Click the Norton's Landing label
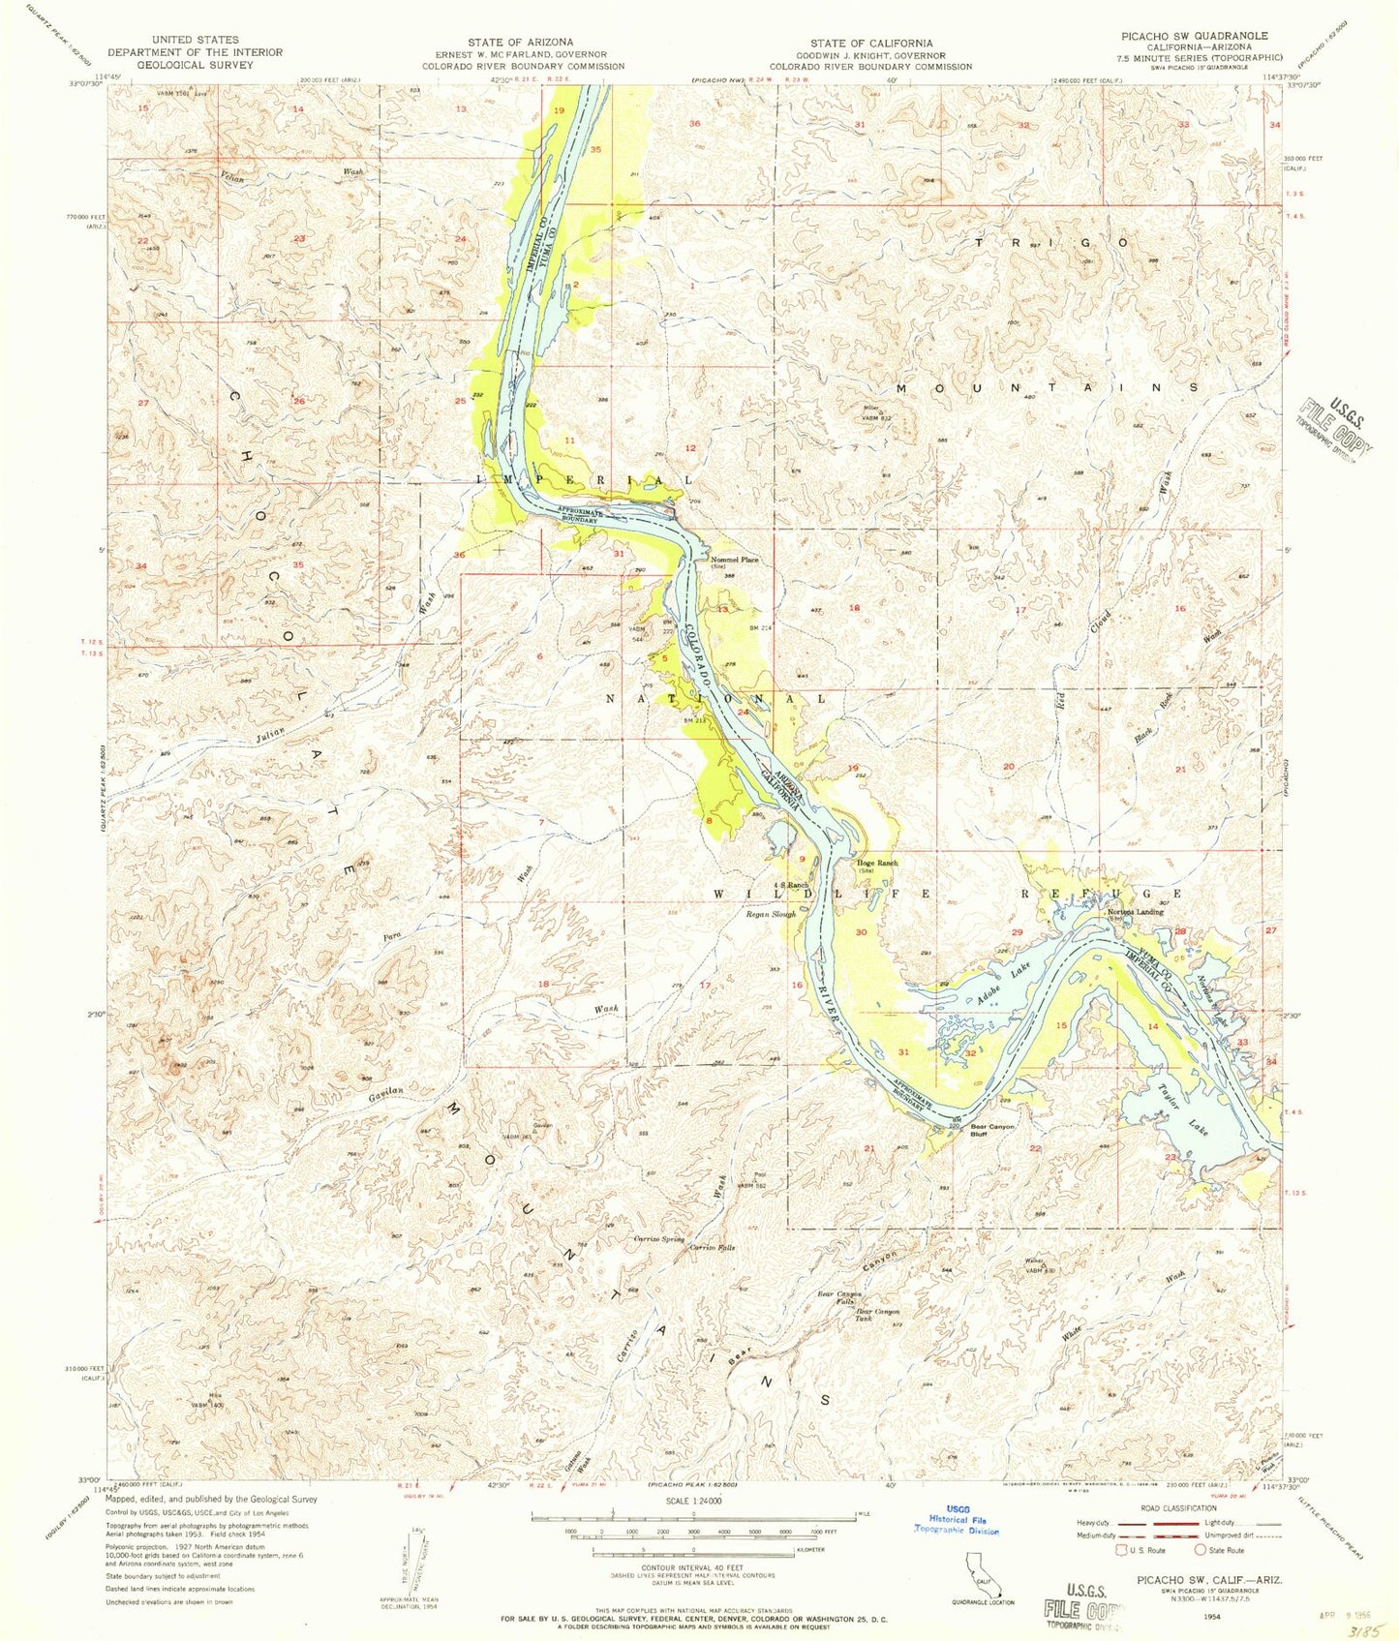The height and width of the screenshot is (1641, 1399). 1135,912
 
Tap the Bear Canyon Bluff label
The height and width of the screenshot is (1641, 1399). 992,1131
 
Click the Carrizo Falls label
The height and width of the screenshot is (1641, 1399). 712,1248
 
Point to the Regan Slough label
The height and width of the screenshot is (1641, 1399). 770,914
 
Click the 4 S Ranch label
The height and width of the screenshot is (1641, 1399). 790,885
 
